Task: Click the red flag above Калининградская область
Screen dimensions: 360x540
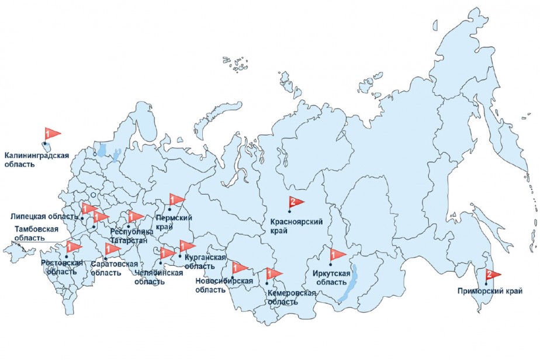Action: tap(53, 134)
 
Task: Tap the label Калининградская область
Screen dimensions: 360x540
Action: tap(36, 160)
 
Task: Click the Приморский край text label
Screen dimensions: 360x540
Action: tap(490, 290)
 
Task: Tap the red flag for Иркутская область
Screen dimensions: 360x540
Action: tap(339, 255)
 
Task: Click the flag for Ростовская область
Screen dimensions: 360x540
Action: tap(74, 247)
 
